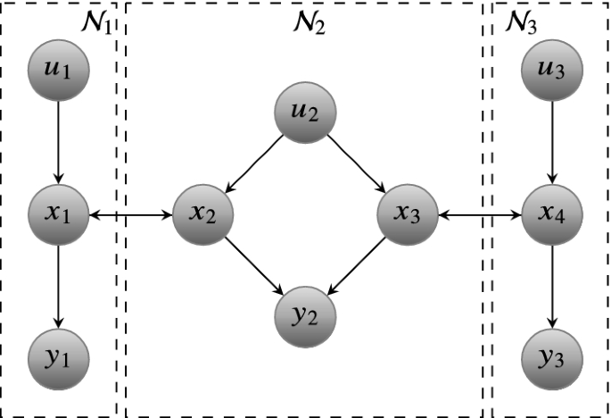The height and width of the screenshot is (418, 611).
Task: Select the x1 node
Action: (x=58, y=214)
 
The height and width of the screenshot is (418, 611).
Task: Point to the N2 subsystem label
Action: (x=308, y=22)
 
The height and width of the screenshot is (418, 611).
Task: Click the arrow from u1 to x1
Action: (x=58, y=140)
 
